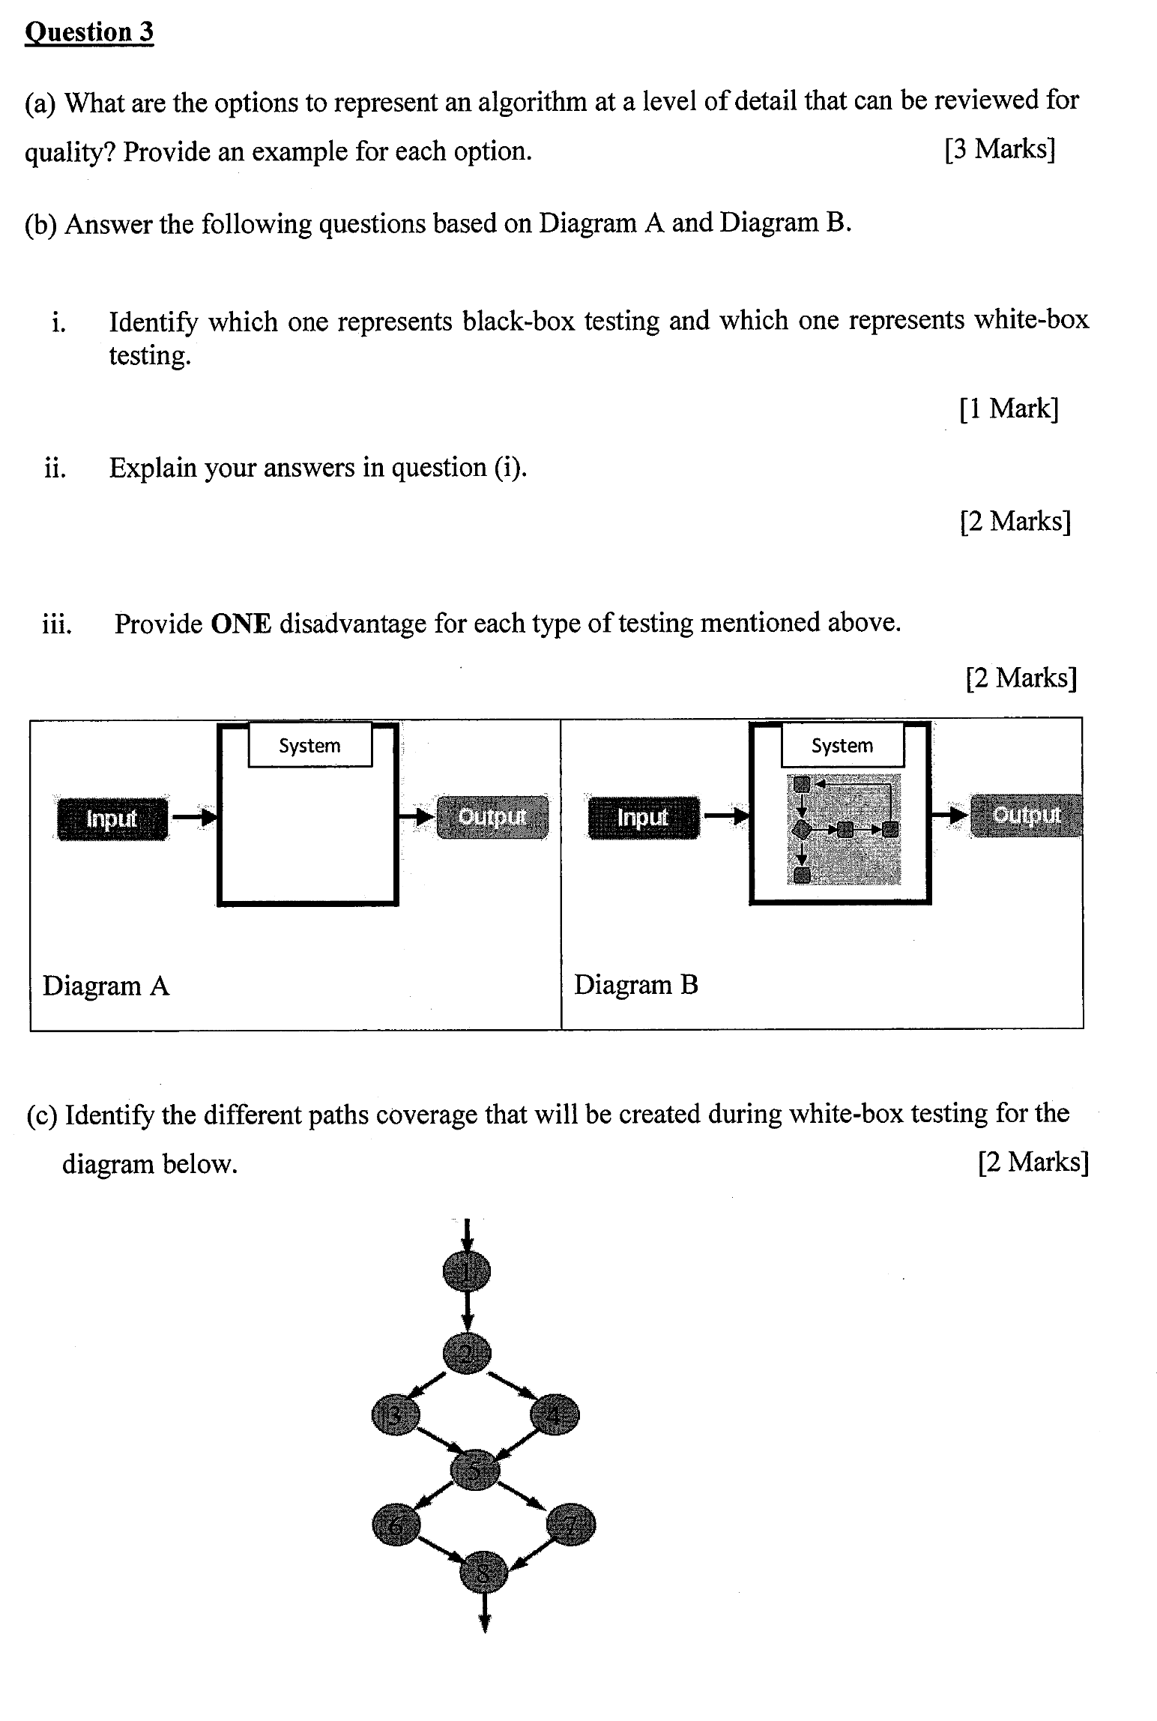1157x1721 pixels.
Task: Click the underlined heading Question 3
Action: (89, 32)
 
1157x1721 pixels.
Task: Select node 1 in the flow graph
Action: (466, 1272)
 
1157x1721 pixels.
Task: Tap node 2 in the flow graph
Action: (466, 1353)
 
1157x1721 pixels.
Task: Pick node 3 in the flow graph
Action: (396, 1414)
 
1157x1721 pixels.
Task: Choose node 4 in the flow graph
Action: (555, 1414)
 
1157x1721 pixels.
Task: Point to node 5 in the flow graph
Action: (475, 1470)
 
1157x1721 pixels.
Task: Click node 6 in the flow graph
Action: (396, 1525)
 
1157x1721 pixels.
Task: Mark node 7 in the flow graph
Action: (571, 1525)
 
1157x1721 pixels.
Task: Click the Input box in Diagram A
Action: (112, 819)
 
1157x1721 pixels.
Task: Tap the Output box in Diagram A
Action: (492, 817)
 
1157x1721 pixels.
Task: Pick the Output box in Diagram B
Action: (1026, 816)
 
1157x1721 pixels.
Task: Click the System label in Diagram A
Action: (309, 746)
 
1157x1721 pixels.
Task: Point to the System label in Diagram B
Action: (842, 746)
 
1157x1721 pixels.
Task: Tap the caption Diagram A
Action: (106, 986)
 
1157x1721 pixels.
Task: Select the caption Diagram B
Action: (636, 985)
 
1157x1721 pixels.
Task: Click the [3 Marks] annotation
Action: (1000, 149)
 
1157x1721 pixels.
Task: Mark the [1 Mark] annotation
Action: (1009, 409)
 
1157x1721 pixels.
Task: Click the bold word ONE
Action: (241, 623)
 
